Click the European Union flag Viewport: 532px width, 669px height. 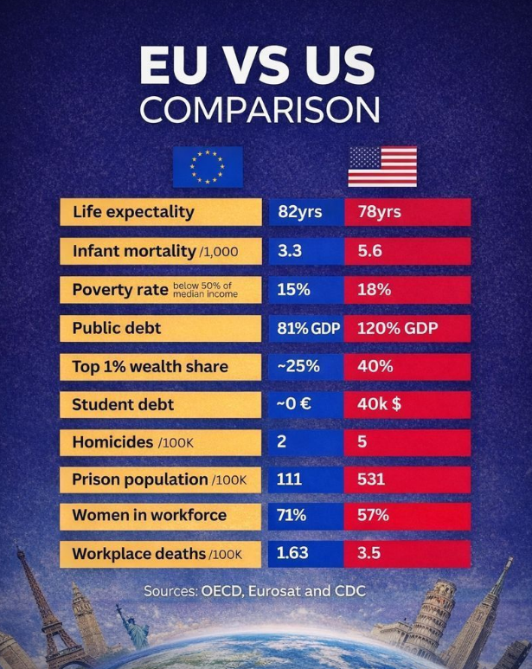pos(208,166)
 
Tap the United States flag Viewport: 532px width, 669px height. pos(381,166)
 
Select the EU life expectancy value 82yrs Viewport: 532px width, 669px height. pos(299,212)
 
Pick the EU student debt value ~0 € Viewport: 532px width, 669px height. pos(299,404)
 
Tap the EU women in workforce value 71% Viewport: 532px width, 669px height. pos(292,516)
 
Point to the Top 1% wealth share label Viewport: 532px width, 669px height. pos(150,366)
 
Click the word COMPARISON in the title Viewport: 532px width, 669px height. pos(260,110)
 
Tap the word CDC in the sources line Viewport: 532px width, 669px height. pos(348,591)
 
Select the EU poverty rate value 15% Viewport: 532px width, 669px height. pos(293,290)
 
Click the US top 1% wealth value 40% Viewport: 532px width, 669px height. pos(375,366)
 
